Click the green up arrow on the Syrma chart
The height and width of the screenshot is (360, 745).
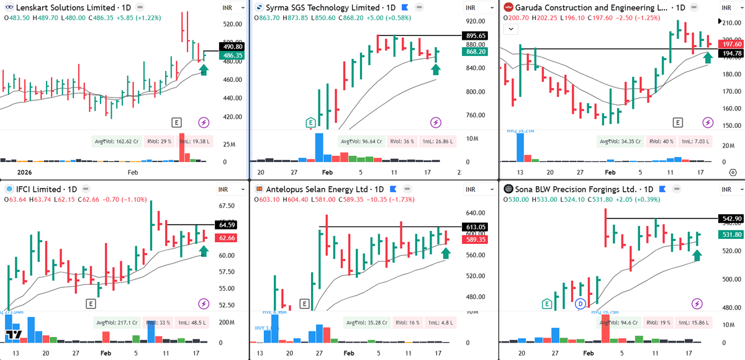(x=436, y=68)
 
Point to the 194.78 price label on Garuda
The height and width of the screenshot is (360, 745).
(x=729, y=54)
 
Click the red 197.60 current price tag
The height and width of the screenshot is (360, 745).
(x=729, y=44)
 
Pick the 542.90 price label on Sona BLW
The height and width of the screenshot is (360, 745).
(x=729, y=218)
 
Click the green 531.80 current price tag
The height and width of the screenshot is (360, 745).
(x=729, y=234)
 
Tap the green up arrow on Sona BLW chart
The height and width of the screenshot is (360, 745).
(x=697, y=255)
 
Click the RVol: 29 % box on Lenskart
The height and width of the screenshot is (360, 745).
(x=155, y=141)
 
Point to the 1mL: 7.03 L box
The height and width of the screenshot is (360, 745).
(x=692, y=141)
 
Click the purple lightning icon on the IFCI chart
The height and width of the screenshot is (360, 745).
(x=204, y=304)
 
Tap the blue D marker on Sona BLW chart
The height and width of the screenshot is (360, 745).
(x=580, y=304)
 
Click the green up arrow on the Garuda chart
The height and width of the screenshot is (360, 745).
(x=708, y=59)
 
